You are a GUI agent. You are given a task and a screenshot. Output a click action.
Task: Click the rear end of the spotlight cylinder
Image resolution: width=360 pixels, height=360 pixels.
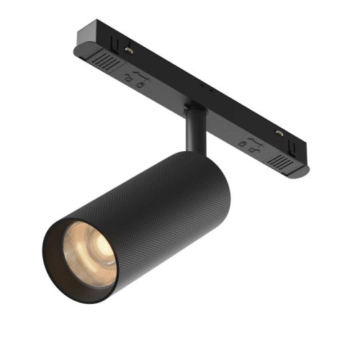[x=216, y=180]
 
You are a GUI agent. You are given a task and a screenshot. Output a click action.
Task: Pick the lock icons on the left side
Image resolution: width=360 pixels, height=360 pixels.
[x=132, y=78]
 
